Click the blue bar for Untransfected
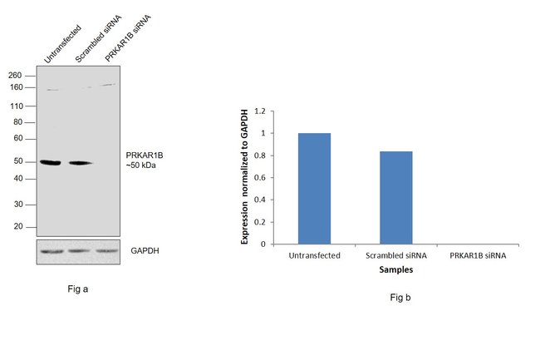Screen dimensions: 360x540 314,188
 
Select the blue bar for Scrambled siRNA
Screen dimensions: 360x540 395,197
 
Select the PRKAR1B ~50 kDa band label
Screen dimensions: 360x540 142,160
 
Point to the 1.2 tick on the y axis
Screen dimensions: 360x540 260,111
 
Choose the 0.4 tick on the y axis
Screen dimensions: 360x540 260,200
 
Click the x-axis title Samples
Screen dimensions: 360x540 395,269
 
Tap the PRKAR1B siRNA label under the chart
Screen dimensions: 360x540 477,255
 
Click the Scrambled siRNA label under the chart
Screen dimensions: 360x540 395,255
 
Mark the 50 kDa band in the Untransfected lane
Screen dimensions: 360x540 52,162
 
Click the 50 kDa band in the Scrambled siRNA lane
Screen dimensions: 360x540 81,163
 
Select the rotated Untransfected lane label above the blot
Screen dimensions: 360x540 61,47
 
